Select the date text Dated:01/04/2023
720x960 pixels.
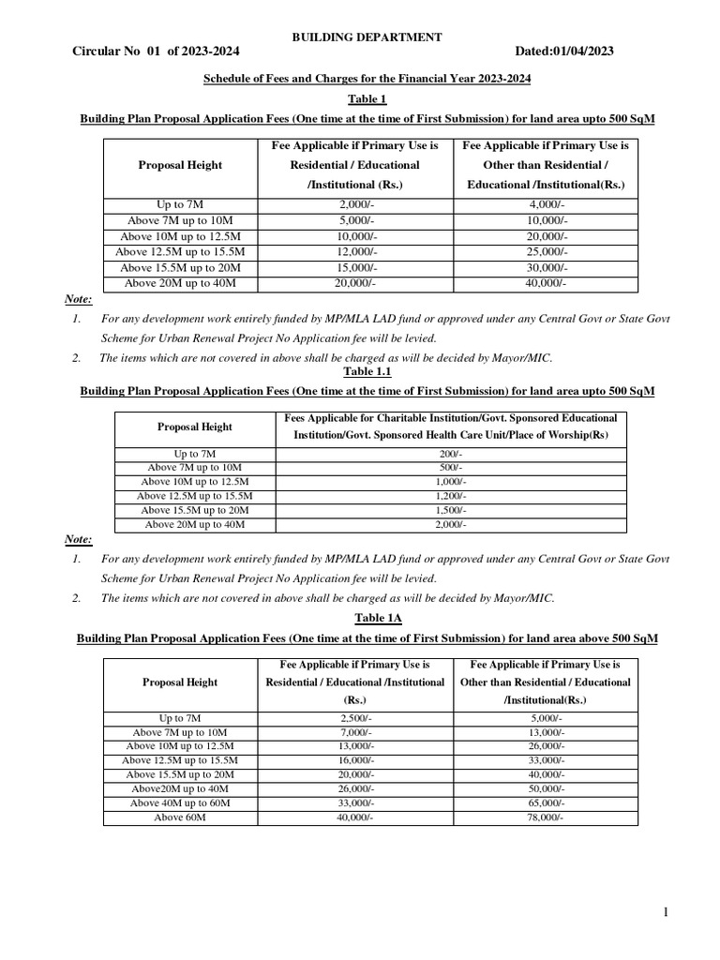pos(564,52)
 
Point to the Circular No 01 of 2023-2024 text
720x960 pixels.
pos(142,52)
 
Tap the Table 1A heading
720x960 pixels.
pos(367,618)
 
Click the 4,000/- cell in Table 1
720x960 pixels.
pos(545,202)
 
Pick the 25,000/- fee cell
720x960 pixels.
pos(545,251)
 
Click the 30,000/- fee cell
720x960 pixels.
pos(545,267)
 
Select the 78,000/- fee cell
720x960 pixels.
pos(545,817)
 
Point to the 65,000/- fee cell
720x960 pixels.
pos(545,803)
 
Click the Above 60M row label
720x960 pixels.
pos(179,817)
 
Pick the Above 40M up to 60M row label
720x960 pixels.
pos(179,803)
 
